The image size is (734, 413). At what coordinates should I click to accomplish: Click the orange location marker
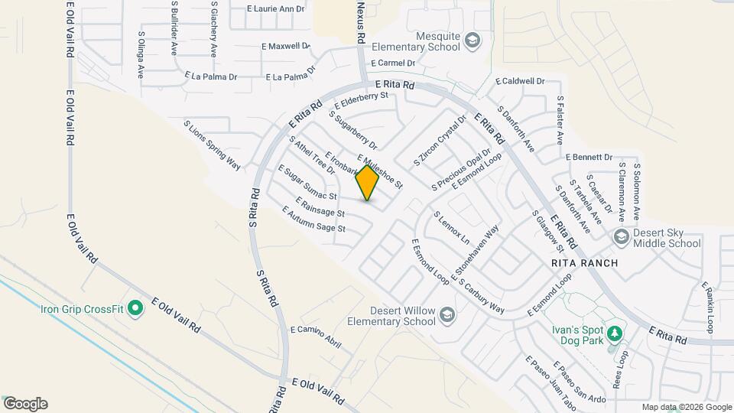(368, 183)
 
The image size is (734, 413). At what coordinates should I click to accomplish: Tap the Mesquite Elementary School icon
(473, 39)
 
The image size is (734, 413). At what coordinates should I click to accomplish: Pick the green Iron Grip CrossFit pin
(135, 309)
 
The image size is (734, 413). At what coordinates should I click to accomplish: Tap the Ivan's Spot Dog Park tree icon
(614, 333)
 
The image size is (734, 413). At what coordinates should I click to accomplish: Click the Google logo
(25, 404)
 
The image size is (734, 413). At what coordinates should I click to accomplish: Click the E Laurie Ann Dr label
(276, 9)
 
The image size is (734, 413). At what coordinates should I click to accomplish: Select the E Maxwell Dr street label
(285, 46)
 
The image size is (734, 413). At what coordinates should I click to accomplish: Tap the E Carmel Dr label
(393, 63)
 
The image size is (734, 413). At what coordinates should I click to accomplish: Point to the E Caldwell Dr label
(520, 81)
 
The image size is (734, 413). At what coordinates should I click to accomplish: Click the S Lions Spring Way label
(212, 145)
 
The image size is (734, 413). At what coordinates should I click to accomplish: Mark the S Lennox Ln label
(452, 228)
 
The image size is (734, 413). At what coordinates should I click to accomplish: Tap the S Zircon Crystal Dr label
(439, 141)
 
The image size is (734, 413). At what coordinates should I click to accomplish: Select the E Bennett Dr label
(589, 157)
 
